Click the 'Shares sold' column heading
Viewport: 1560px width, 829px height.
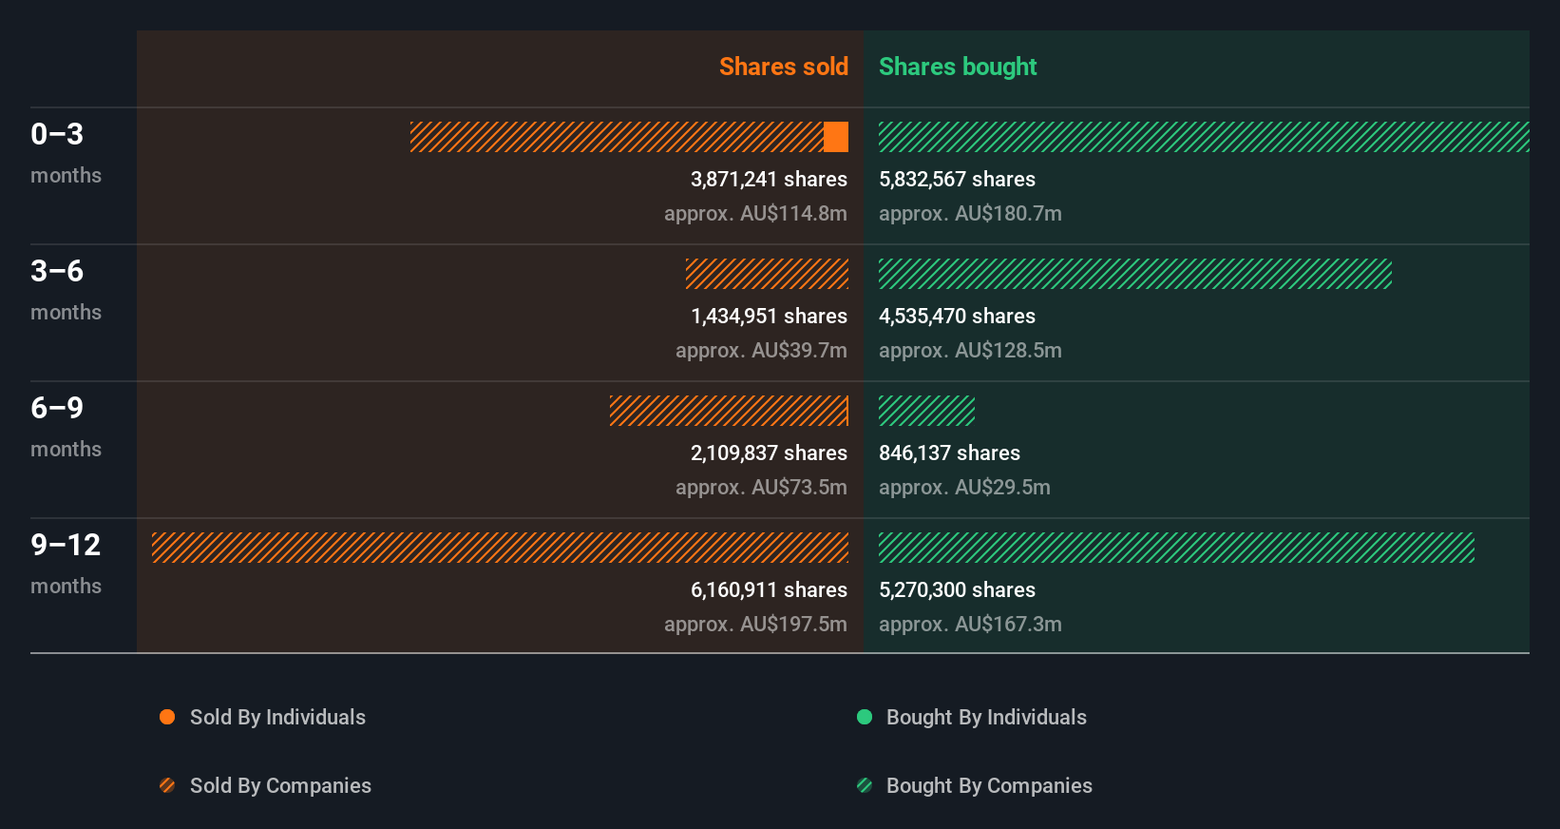click(783, 67)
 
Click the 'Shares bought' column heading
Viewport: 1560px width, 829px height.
click(957, 67)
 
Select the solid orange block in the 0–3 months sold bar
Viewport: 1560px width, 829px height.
click(836, 137)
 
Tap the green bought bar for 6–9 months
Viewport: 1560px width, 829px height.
click(926, 411)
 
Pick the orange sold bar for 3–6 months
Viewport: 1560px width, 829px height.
click(767, 274)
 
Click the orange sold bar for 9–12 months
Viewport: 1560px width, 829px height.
click(500, 548)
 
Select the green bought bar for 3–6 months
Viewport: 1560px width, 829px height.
click(1134, 274)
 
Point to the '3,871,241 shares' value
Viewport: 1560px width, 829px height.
click(769, 179)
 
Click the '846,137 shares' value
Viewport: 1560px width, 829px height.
click(949, 453)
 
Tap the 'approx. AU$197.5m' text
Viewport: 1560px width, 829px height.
click(755, 624)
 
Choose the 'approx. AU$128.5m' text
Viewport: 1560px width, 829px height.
click(970, 350)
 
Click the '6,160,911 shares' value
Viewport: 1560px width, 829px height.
click(769, 589)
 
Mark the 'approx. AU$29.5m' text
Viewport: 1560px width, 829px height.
click(964, 487)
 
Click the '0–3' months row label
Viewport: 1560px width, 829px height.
click(57, 134)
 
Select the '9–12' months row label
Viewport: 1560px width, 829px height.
click(66, 545)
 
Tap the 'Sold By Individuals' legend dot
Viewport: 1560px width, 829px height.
click(167, 717)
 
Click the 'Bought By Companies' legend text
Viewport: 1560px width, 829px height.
click(989, 785)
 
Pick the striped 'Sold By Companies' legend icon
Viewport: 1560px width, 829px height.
click(167, 785)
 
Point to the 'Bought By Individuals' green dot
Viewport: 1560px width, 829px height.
click(865, 717)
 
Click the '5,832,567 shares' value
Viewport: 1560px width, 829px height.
click(957, 179)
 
